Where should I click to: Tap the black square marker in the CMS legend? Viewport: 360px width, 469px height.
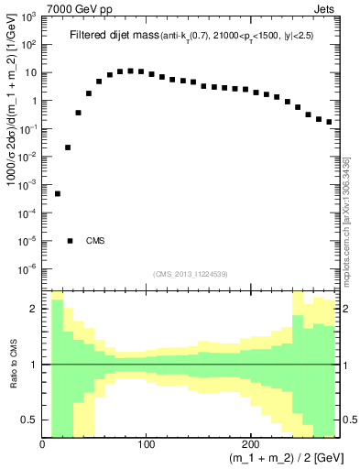tap(70, 241)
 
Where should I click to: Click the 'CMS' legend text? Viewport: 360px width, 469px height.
tap(95, 241)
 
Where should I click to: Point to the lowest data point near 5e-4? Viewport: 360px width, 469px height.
tap(57, 193)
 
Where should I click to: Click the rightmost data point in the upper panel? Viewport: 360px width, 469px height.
tap(329, 121)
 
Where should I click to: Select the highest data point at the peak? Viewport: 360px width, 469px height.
tap(130, 71)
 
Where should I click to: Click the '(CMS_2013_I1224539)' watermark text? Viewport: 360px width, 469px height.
tap(191, 274)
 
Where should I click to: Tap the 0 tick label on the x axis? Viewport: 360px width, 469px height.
tap(43, 443)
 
